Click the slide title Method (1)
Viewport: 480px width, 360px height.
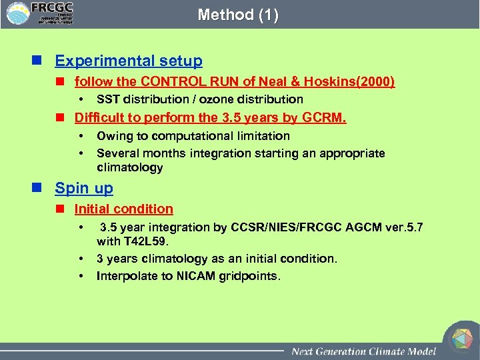tap(238, 15)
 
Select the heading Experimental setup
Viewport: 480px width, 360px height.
tap(128, 61)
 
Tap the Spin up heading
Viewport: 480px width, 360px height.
tap(84, 188)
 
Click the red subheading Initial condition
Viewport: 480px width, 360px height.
tap(123, 209)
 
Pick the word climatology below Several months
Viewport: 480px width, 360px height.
tap(129, 168)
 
